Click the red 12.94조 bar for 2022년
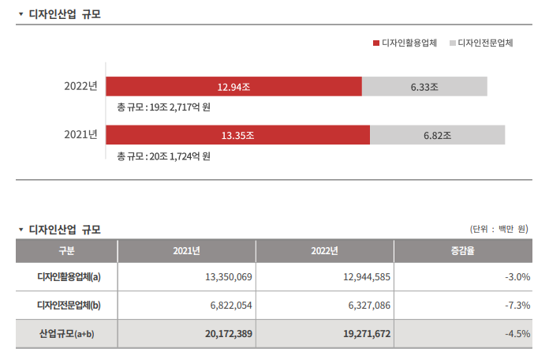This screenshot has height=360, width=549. point(233,86)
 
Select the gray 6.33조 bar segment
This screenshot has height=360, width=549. point(424,86)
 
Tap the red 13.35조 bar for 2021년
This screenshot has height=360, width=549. point(237,135)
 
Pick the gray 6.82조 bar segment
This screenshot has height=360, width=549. point(437,135)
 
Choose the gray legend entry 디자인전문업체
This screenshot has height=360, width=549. point(481,42)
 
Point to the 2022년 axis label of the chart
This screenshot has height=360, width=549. point(80,86)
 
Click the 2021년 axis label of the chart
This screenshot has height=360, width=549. point(80,135)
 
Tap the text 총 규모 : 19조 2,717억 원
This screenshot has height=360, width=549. point(163,107)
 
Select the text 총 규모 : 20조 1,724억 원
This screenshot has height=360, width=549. point(163,156)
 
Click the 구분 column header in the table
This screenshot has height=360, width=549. point(66,251)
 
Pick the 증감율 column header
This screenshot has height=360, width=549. point(463,251)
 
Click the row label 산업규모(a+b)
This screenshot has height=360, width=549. point(67,334)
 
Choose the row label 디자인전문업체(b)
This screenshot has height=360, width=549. point(67,306)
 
